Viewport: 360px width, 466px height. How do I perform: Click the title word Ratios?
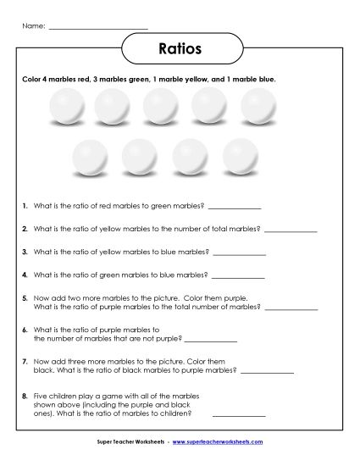pyautogui.click(x=180, y=48)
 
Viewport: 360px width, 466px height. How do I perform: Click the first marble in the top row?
pyautogui.click(x=64, y=107)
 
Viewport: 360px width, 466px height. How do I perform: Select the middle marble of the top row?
pyautogui.click(x=160, y=107)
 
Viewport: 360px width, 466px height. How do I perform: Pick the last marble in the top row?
pyautogui.click(x=258, y=107)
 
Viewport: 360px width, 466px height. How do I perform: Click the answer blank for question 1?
pyautogui.click(x=235, y=207)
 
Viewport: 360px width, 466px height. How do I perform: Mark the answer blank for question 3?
pyautogui.click(x=240, y=252)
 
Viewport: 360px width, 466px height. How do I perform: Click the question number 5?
pyautogui.click(x=26, y=298)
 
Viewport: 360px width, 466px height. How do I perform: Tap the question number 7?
pyautogui.click(x=26, y=362)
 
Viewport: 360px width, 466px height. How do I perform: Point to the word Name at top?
pyautogui.click(x=32, y=26)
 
